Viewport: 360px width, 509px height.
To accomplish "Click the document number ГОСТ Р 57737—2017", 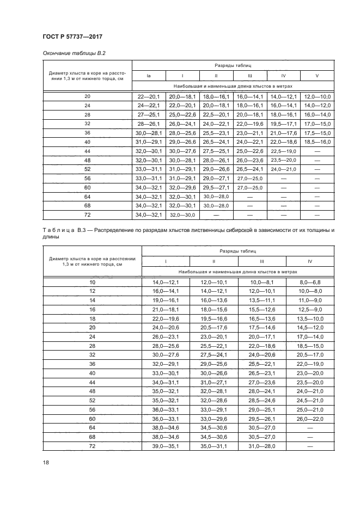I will pyautogui.click(x=72, y=36).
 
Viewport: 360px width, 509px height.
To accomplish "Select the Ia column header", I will pyautogui.click(x=149, y=75).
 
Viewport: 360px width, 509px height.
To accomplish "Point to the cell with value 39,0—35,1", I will pyautogui.click(x=165, y=446).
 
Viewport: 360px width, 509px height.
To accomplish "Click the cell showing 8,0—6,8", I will pyautogui.click(x=310, y=283).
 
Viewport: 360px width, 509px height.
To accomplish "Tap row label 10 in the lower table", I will pyautogui.click(x=91, y=283).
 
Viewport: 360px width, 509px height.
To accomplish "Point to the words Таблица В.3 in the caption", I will pyautogui.click(x=66, y=230).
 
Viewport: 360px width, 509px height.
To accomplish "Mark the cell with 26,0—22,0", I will pyautogui.click(x=310, y=419).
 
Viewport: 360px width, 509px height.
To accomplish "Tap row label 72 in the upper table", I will pyautogui.click(x=87, y=216).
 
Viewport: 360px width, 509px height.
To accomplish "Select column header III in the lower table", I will pyautogui.click(x=261, y=261).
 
